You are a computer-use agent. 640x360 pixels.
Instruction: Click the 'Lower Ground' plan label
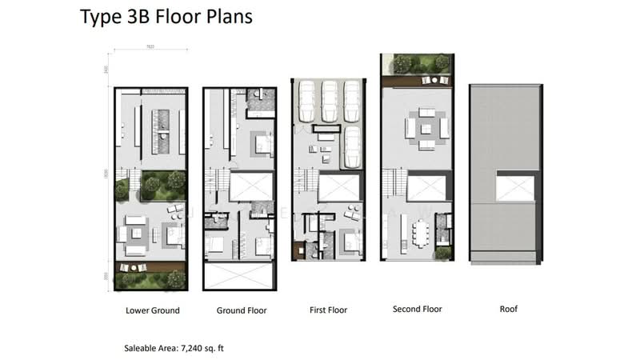coord(152,310)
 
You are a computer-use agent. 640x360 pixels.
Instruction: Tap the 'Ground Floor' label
coord(241,310)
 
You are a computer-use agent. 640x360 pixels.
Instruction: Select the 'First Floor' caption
coord(328,310)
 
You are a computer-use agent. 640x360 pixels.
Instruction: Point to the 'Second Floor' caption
coord(417,309)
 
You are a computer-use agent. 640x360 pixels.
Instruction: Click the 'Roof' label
coord(508,309)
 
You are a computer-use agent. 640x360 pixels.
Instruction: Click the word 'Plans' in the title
coord(223,17)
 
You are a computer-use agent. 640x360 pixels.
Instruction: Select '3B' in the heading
coord(133,17)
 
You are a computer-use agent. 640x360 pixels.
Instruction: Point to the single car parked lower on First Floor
coord(352,146)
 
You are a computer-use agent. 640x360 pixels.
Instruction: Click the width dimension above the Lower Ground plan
coord(150,50)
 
